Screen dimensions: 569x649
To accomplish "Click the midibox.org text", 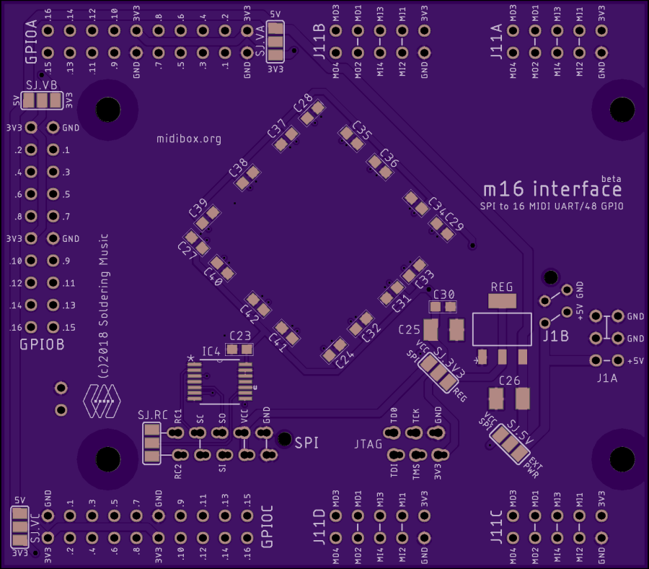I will pyautogui.click(x=188, y=139).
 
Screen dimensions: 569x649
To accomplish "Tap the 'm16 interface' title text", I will pyautogui.click(x=552, y=190).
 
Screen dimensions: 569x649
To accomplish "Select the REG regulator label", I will pyautogui.click(x=502, y=287).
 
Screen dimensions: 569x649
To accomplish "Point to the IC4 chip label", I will pyautogui.click(x=211, y=352).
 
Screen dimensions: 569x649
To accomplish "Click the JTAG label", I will pyautogui.click(x=368, y=443).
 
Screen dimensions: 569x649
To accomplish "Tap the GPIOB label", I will pyautogui.click(x=42, y=345).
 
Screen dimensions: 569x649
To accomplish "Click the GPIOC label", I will pyautogui.click(x=266, y=530).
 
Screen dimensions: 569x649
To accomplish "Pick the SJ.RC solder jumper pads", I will pyautogui.click(x=151, y=443).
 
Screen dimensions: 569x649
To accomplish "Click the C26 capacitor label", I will pyautogui.click(x=509, y=381).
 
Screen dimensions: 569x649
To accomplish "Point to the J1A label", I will pyautogui.click(x=608, y=378).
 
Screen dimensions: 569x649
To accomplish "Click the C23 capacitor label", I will pyautogui.click(x=240, y=336).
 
